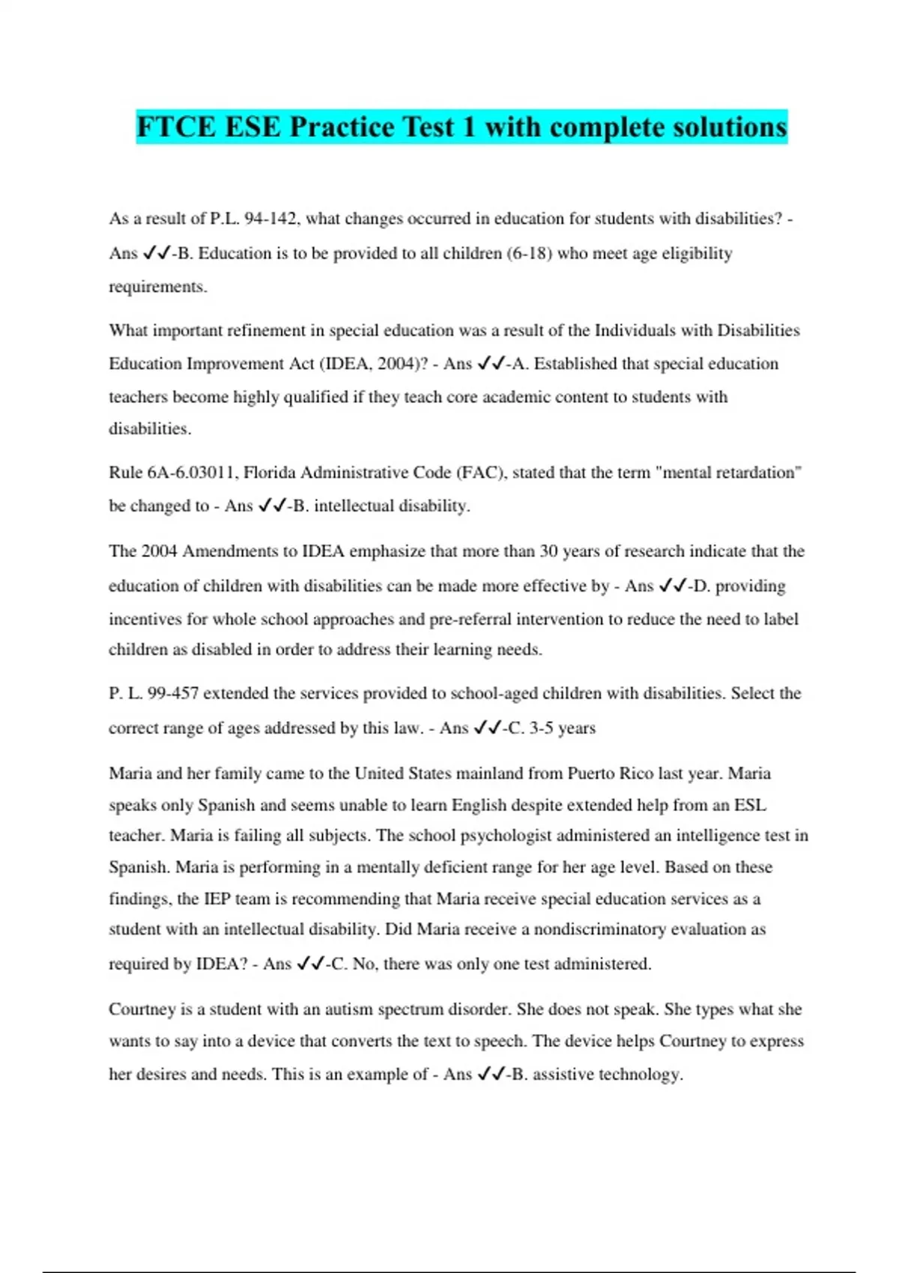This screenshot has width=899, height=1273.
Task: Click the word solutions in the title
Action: click(719, 127)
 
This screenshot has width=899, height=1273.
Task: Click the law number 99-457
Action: click(173, 693)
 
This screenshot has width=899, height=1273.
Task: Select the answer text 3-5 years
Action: click(562, 728)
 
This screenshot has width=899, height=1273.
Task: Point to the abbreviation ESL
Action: click(750, 805)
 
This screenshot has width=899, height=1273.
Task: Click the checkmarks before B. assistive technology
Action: click(490, 1075)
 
